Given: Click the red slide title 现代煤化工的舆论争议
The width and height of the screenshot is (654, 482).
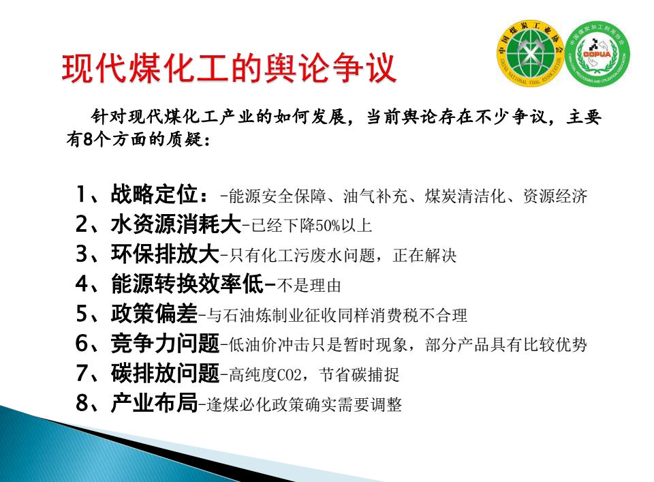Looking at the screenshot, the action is pos(229,68).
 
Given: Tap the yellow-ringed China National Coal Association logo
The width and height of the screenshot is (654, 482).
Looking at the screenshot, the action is pos(530,54).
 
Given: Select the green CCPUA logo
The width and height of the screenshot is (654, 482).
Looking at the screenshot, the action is pos(597,55).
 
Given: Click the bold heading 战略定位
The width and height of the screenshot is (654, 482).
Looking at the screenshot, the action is pos(154,194).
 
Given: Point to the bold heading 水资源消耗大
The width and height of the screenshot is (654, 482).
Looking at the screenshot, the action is pos(176,224).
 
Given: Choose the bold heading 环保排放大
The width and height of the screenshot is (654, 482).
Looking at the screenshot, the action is pos(165,254).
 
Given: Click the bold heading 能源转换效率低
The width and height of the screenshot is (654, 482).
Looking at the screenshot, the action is pos(187,284).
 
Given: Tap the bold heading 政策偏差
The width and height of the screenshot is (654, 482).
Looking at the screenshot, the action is pos(154,314).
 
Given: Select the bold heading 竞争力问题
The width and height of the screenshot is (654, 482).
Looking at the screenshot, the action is pos(165,344).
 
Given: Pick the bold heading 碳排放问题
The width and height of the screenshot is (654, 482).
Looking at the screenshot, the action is pos(165,373).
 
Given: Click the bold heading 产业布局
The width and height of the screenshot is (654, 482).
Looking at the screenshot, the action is pos(154,403).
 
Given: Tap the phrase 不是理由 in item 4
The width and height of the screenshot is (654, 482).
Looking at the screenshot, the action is pos(309,286).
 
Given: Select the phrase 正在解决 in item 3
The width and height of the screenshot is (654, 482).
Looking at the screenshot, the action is pos(424,256).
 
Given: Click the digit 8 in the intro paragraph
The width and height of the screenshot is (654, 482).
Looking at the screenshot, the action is pos(88,139).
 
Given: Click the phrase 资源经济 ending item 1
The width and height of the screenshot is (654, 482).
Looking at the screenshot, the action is pos(555,196).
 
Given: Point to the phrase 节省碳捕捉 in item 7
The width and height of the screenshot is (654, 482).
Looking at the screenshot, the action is pos(359,375).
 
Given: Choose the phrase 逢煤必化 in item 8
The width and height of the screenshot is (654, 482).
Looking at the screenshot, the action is pos(239,405).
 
